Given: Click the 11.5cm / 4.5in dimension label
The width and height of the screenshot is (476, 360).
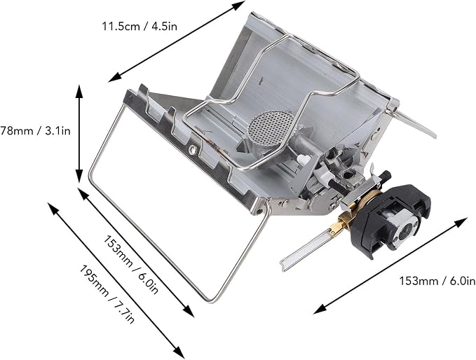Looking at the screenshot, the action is [140, 27].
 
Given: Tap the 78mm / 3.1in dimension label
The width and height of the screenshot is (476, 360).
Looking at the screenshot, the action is [35, 131].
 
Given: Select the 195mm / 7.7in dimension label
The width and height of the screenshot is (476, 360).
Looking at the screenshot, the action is [107, 294].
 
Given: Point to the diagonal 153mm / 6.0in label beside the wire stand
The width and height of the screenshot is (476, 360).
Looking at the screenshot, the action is [131, 265].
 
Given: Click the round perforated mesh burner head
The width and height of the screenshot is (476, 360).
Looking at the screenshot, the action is [271, 127].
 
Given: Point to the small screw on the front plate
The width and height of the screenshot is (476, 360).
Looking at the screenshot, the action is [192, 148].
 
